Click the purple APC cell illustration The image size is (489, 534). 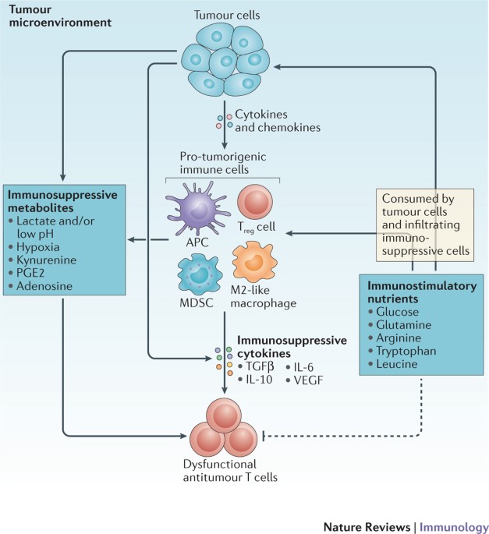point(197,208)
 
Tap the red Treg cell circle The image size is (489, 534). point(255,201)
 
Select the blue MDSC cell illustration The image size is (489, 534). point(200,275)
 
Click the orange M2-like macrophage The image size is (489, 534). point(254,262)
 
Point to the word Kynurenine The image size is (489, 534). point(46,260)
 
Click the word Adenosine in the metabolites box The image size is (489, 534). point(44,286)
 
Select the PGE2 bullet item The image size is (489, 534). point(27,273)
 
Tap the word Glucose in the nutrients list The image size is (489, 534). point(397,312)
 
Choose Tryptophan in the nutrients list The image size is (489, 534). point(406,351)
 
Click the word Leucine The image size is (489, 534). point(397,364)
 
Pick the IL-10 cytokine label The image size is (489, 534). point(259,380)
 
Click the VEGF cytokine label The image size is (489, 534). point(308,380)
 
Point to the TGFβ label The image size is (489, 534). point(260,366)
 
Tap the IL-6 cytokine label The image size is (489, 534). point(303,367)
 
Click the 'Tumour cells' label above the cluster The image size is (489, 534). point(227,15)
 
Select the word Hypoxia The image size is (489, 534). point(37,247)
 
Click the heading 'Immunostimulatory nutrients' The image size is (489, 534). point(422,292)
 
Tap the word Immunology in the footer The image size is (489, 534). point(454,527)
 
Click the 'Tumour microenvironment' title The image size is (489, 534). point(60,16)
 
